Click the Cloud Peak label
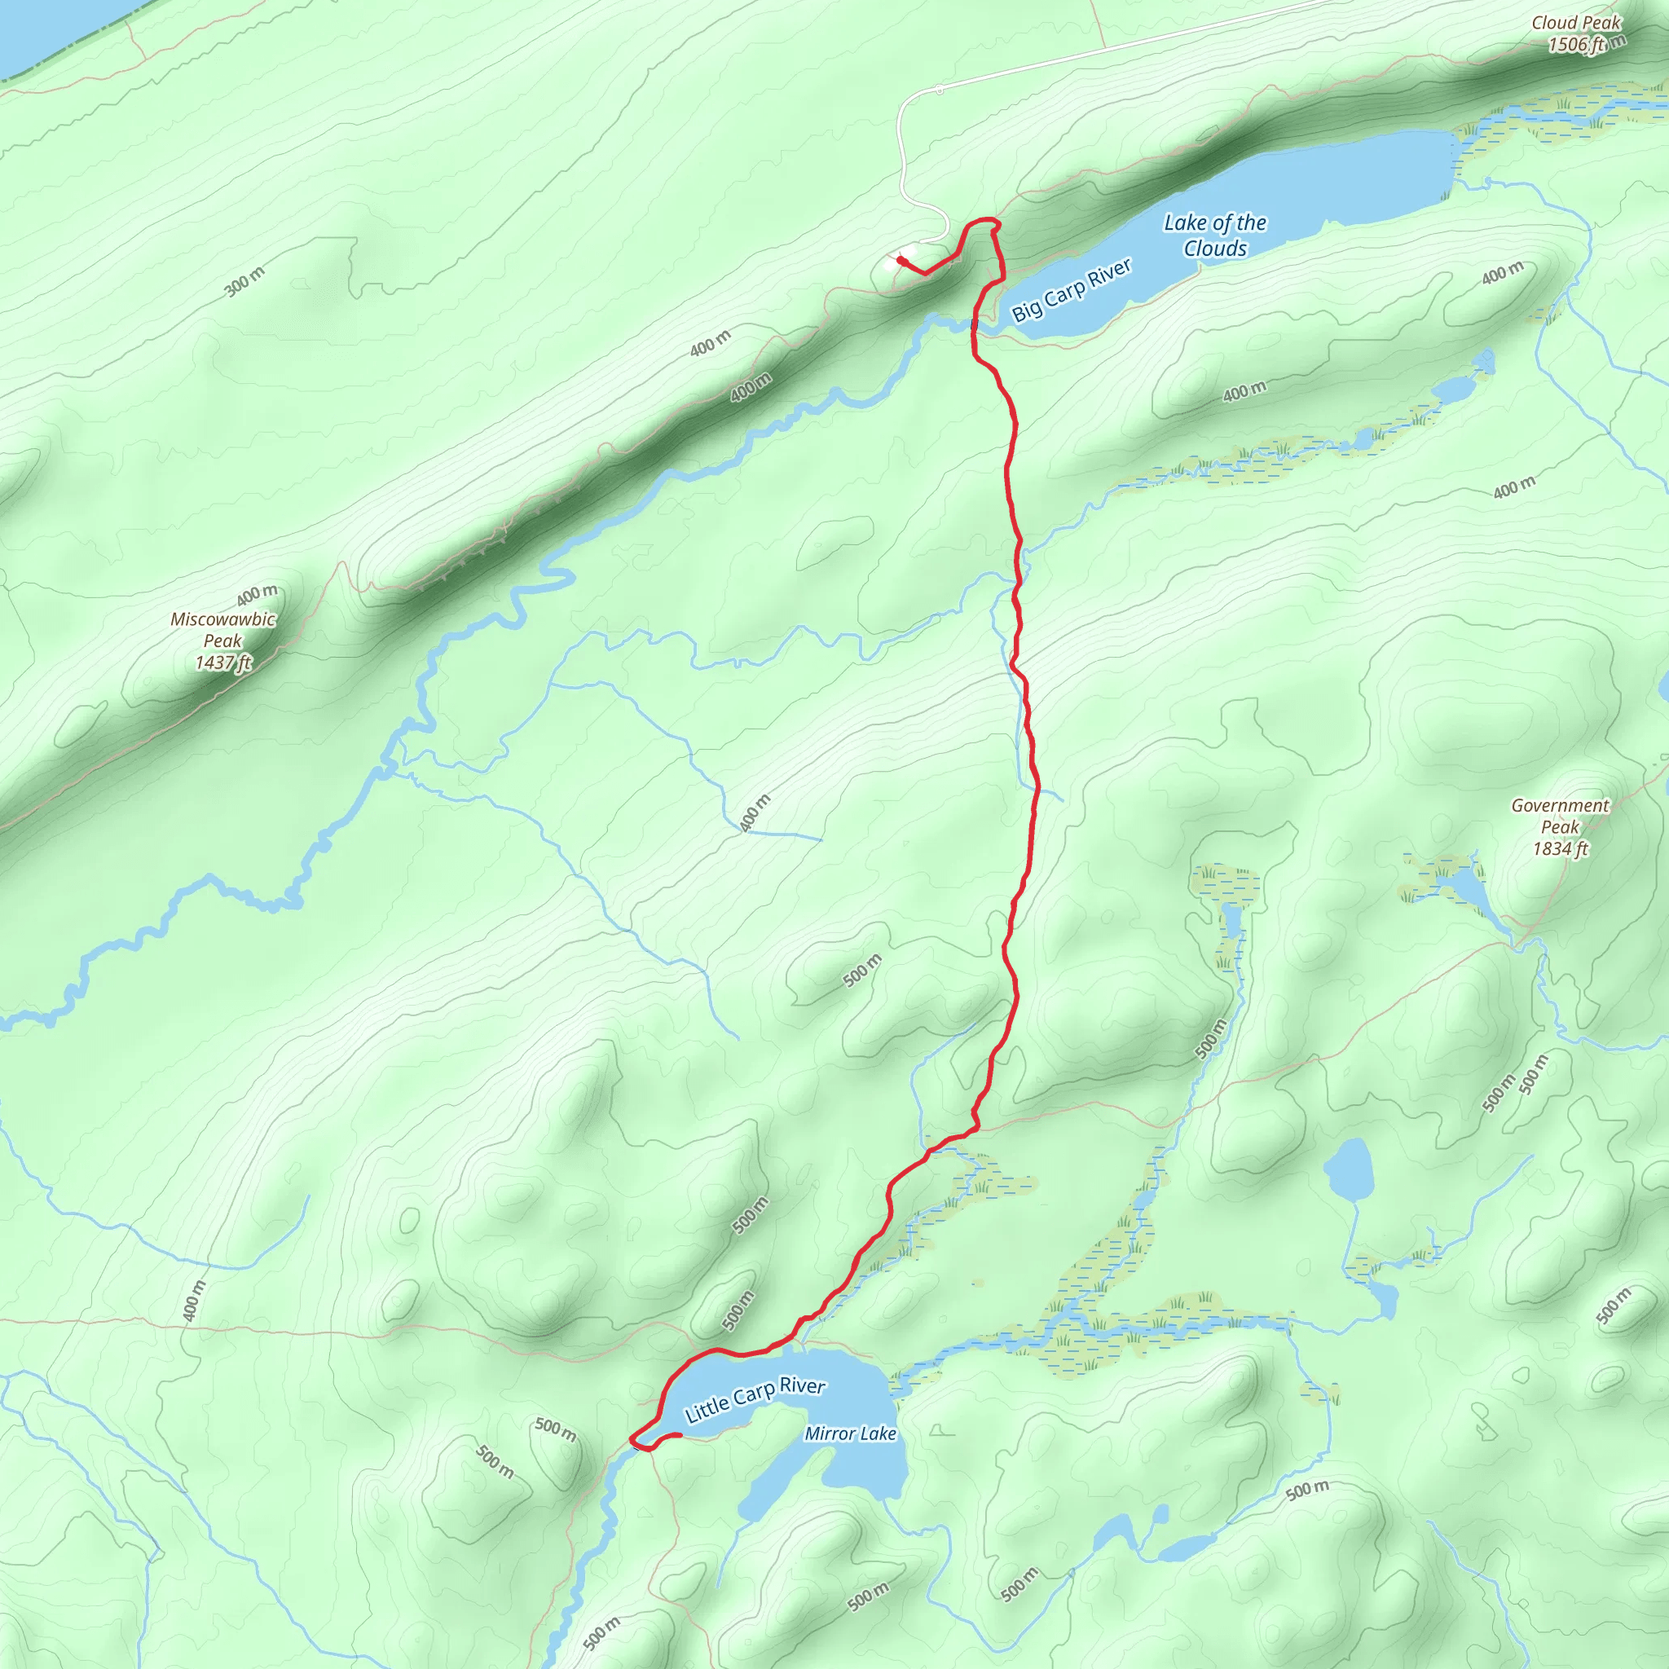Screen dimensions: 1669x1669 pos(1576,24)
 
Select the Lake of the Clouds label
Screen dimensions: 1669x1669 pos(1214,236)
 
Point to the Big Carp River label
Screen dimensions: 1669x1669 pos(1071,290)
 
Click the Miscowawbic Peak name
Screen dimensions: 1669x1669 pos(222,630)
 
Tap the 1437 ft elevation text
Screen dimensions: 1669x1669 pos(222,663)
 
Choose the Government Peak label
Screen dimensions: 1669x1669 pos(1559,817)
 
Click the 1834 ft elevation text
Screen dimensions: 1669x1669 pos(1559,848)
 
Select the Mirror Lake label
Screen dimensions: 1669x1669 pos(850,1434)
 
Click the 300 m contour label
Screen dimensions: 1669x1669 pos(244,283)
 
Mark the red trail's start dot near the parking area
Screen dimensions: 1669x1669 pos(901,259)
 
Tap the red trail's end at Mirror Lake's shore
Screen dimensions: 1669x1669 pos(679,1435)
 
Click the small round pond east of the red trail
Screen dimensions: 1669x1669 pos(1348,1169)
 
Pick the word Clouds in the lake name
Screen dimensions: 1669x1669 pos(1214,249)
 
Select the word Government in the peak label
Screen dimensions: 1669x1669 pos(1559,805)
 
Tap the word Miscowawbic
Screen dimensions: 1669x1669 pos(222,619)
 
